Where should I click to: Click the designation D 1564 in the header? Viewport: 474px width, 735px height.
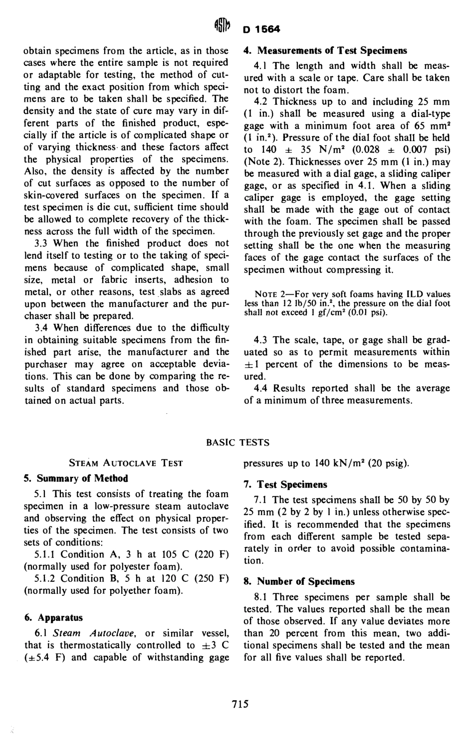point(262,29)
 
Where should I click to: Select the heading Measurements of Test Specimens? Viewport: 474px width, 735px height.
point(325,50)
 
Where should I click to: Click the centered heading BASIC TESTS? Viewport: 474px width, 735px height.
point(237,442)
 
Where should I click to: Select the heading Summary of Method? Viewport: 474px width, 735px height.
point(76,478)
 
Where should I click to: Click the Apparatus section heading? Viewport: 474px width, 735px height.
point(53,617)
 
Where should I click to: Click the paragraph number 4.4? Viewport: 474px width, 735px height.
point(261,388)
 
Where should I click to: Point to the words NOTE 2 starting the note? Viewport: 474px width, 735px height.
point(269,294)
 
